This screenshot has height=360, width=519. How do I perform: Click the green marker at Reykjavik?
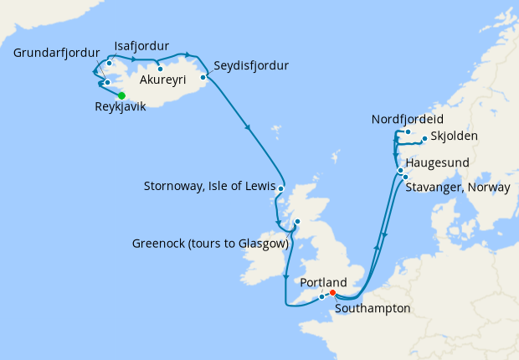[121, 95]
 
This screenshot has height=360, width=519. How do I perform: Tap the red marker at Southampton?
[332, 293]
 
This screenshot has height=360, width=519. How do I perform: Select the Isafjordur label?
[142, 45]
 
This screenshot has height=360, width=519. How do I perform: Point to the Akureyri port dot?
[159, 69]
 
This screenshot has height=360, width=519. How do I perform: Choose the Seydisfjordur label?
[251, 65]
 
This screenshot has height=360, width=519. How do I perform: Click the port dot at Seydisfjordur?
[203, 77]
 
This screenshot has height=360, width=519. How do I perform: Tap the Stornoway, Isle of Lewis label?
[208, 186]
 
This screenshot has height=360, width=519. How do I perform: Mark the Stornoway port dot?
[280, 188]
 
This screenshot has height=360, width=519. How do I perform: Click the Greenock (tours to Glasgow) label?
[210, 244]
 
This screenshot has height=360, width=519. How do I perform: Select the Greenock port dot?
[296, 222]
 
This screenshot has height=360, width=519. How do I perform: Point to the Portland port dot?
[322, 297]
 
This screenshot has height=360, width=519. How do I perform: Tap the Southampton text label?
[373, 309]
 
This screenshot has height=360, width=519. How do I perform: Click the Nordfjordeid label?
[407, 120]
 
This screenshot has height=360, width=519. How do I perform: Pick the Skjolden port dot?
[424, 139]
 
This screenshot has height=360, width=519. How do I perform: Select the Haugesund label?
[437, 162]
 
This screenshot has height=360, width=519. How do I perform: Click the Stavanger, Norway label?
[458, 188]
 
